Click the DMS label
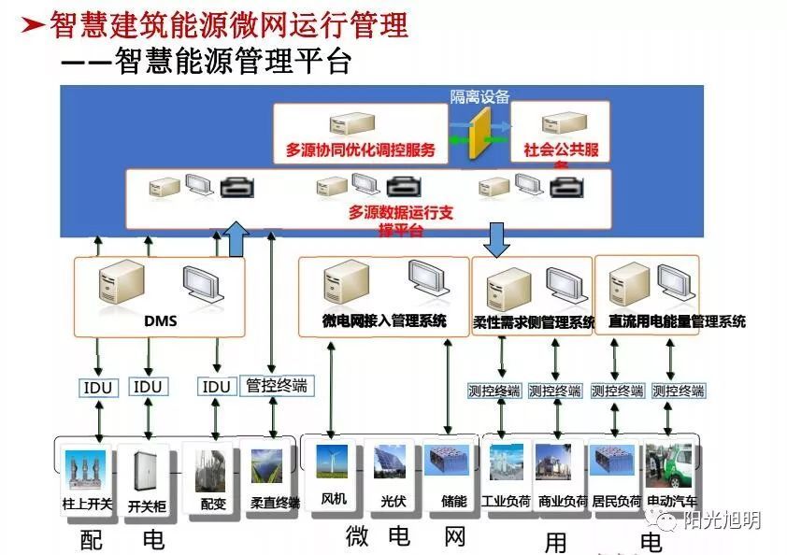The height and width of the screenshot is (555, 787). tap(161, 321)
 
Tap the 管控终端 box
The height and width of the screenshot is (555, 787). tap(276, 385)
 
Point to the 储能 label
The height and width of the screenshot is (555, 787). tap(453, 501)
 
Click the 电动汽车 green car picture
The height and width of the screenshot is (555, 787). tap(671, 466)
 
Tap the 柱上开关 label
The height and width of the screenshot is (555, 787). tap(87, 505)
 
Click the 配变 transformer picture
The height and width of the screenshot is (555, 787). tap(210, 469)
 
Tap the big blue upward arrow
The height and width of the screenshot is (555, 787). tap(237, 238)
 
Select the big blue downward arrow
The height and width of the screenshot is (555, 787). tap(495, 240)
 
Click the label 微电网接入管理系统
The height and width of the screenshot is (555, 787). tap(384, 321)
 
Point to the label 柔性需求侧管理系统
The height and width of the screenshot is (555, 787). tap(534, 322)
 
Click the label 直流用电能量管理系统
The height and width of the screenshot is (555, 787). tap(677, 322)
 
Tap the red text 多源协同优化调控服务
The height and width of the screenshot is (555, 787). tap(361, 149)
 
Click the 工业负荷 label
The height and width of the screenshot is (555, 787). tap(507, 502)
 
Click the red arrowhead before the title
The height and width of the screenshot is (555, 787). tap(34, 25)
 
